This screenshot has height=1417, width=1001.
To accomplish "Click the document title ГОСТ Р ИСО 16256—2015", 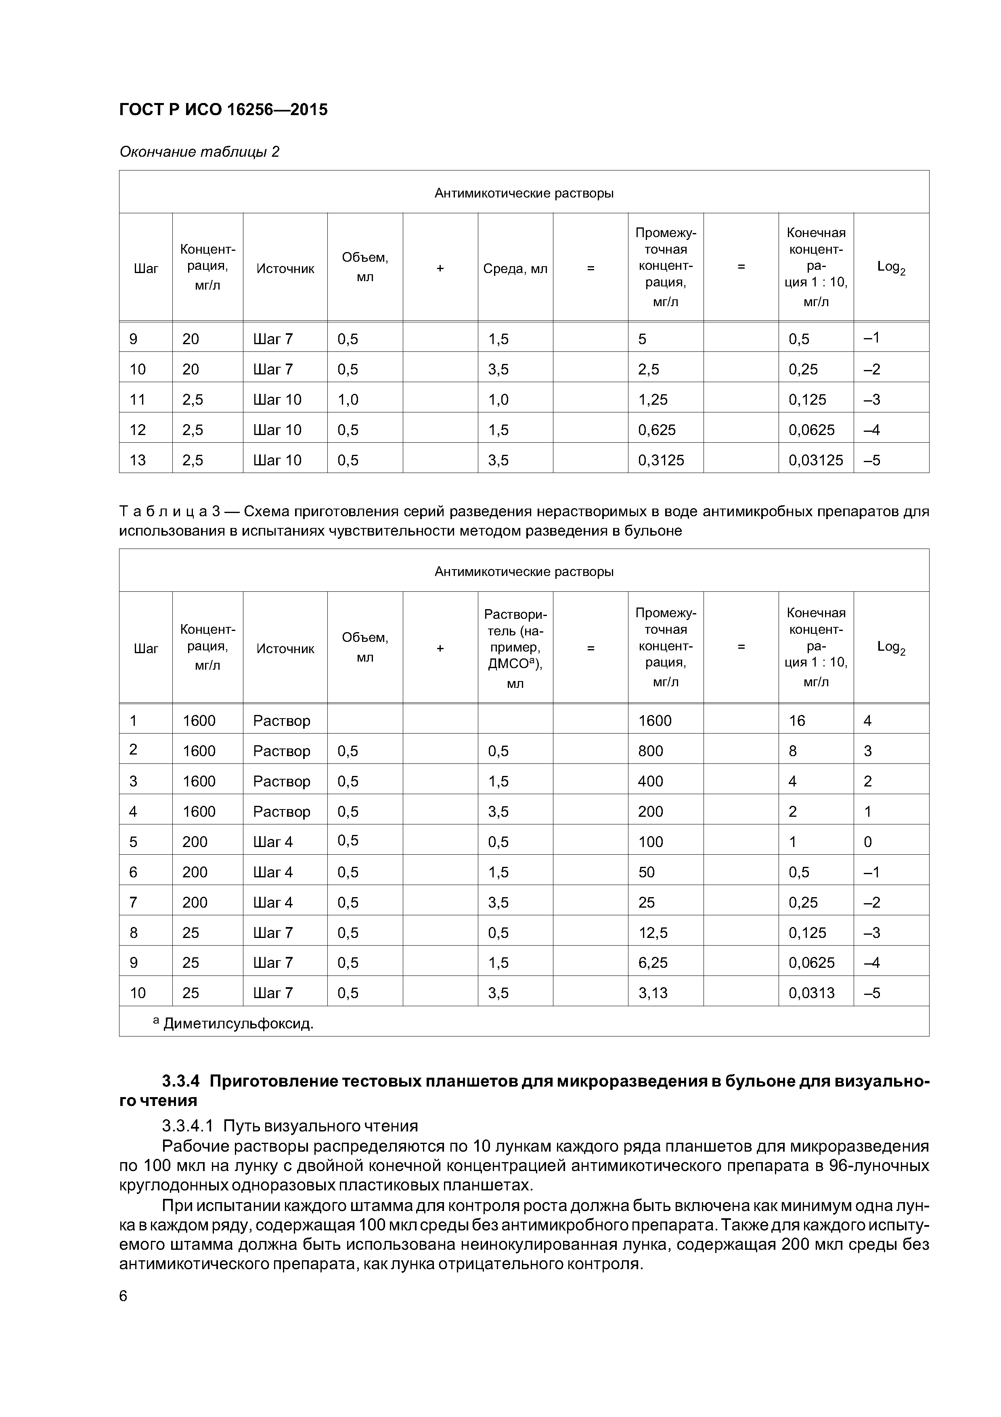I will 223,110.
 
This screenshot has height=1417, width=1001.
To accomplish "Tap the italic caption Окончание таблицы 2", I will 199,152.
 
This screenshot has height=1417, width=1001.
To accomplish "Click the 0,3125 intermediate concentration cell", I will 661,460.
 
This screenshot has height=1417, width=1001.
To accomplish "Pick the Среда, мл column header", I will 515,269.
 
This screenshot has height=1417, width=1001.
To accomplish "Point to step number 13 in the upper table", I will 138,460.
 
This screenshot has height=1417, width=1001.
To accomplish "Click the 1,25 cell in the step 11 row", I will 653,400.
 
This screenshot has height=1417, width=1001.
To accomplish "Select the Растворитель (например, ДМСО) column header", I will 515,648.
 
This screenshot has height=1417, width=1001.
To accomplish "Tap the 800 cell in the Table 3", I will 650,751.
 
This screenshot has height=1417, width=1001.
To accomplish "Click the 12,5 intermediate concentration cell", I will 653,933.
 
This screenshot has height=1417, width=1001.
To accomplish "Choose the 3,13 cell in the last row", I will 653,993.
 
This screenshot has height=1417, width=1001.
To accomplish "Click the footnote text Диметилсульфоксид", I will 237,1024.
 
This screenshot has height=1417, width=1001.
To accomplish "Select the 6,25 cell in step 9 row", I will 653,963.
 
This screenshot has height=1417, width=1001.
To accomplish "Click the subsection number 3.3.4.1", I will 188,1126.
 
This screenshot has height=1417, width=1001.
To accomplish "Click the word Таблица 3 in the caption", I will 170,512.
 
